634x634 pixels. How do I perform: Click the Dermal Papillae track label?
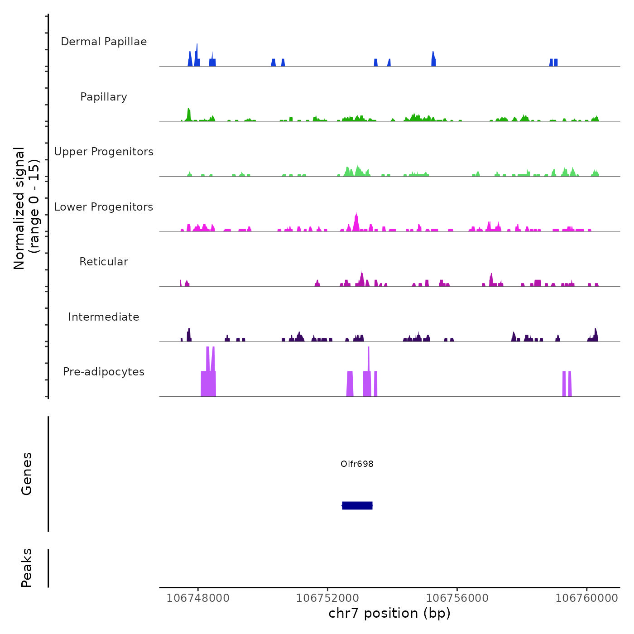(104, 42)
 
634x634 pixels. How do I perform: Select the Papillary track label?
(104, 97)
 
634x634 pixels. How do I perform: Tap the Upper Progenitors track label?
(104, 152)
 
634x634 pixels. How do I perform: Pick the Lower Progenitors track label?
(104, 207)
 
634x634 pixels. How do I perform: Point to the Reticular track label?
(104, 262)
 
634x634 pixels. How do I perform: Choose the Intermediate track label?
(104, 317)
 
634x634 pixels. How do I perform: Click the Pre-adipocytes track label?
(104, 372)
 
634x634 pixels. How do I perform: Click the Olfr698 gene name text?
(357, 464)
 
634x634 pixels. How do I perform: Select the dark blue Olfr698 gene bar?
(357, 505)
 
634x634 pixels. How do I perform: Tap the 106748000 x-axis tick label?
(198, 598)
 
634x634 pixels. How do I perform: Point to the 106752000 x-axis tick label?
(327, 598)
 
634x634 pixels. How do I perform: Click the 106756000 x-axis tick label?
(457, 598)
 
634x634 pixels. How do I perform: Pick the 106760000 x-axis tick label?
(587, 598)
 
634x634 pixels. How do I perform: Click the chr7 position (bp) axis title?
(389, 613)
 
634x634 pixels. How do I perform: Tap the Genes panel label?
(27, 474)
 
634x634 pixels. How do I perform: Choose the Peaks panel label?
(27, 568)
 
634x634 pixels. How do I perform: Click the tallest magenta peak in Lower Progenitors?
(356, 222)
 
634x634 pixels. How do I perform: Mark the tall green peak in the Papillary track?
(189, 115)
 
